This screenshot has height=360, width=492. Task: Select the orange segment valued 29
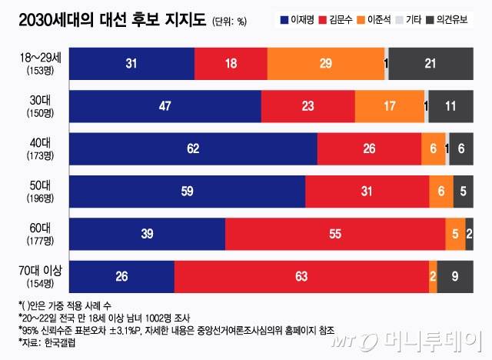[x=325, y=64]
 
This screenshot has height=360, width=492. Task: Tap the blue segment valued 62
[x=193, y=149]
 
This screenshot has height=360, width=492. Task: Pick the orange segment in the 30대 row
[x=389, y=106]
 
